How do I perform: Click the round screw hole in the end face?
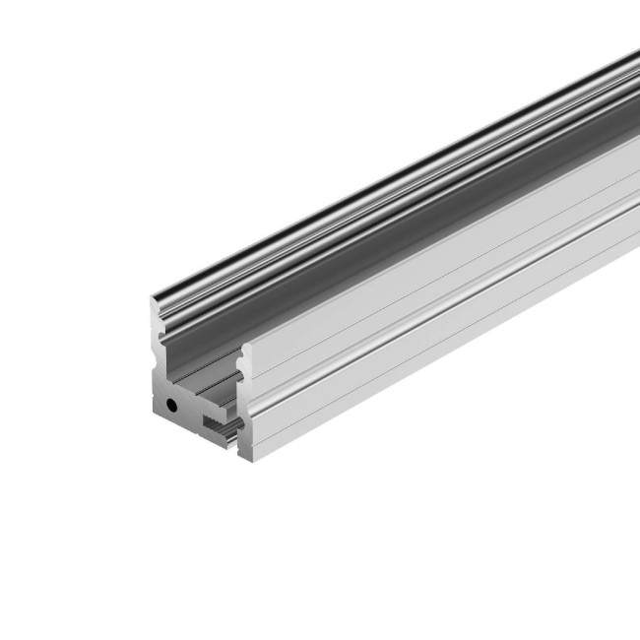click(172, 404)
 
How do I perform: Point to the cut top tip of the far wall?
click(155, 300)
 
